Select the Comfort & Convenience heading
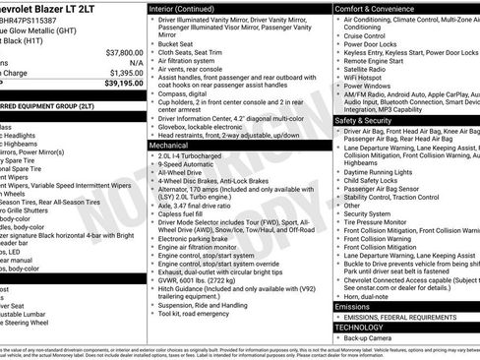[381, 8]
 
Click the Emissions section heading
[353, 307]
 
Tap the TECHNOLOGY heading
[364, 327]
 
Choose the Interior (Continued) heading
[190, 8]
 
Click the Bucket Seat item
[176, 43]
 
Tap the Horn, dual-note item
[367, 295]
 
